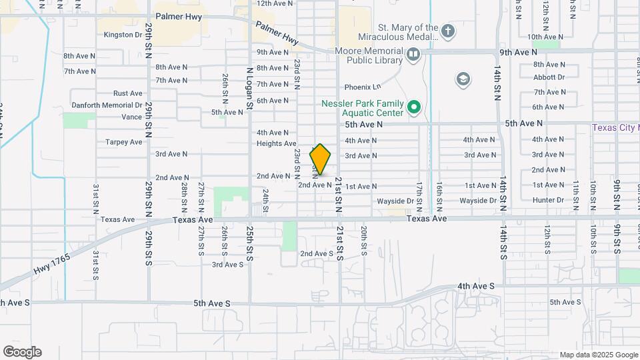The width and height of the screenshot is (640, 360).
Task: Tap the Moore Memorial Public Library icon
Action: coord(413,54)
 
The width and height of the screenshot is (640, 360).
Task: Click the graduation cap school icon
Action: coord(462,80)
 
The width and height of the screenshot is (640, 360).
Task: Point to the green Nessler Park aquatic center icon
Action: coord(414,107)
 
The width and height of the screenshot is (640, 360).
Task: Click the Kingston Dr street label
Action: coord(123,35)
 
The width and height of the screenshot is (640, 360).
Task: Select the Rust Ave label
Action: coord(127,93)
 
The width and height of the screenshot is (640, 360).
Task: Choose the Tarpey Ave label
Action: coord(123,142)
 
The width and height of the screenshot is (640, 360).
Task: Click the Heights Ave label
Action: coord(276,143)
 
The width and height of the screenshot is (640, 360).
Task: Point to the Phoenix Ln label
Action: coord(362,87)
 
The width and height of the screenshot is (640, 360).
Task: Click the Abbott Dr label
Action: coord(549,77)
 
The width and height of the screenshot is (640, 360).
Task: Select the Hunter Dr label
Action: coord(548,200)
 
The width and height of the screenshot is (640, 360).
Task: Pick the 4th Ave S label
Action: coord(475,286)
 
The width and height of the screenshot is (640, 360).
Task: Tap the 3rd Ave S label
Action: coord(227,265)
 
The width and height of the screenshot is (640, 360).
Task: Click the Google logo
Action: coord(22,351)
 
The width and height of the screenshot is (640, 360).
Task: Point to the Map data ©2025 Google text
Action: coord(598,355)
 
